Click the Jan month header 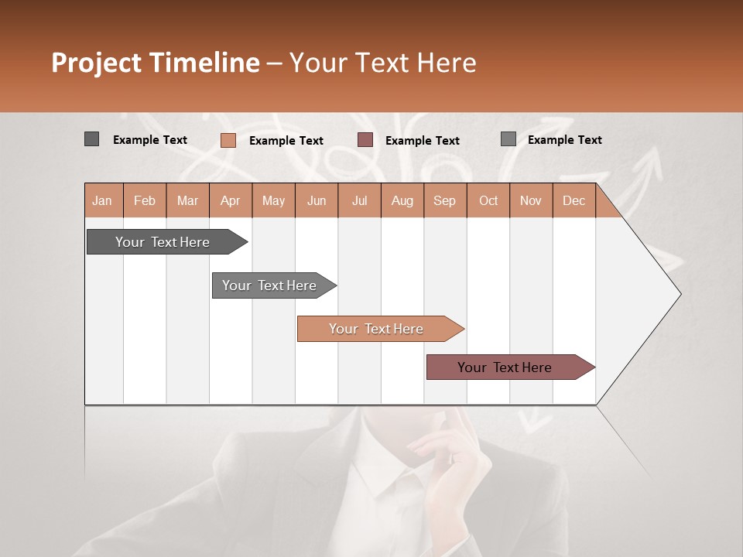pos(103,200)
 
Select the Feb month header pos(145,200)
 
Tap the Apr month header pos(231,200)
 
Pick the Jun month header pos(317,200)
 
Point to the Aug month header pos(402,200)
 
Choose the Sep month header pos(445,200)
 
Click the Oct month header pos(488,200)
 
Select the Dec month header pos(574,200)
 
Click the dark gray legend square pos(92,139)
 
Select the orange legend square pos(228,140)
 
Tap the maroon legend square pos(365,140)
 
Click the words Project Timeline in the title pos(156,63)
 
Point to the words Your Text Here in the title pos(383,63)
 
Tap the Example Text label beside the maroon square pos(423,141)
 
